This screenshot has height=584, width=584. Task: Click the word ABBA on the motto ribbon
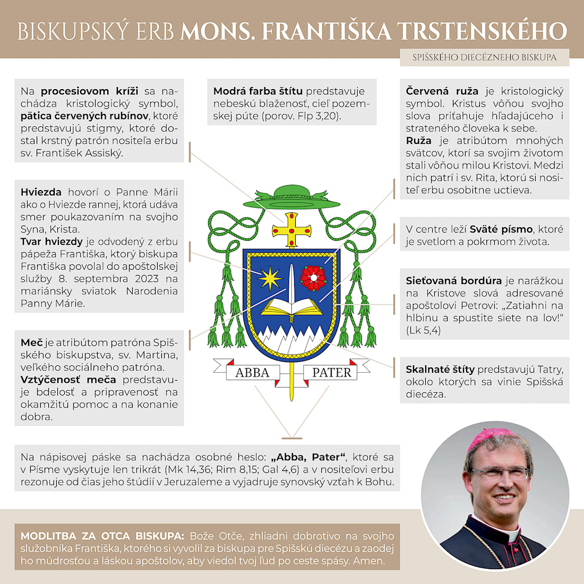coord(252,373)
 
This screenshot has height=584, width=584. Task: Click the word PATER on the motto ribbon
coord(331,373)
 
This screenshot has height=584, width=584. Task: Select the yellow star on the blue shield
coord(271,277)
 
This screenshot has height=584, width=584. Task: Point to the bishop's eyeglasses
coord(499,473)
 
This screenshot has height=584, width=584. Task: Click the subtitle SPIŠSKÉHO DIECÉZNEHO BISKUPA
coord(484,57)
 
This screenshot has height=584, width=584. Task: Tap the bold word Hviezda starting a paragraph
coord(41,192)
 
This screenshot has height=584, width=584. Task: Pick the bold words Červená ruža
coord(442,91)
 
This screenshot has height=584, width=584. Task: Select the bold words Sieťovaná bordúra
coord(453,281)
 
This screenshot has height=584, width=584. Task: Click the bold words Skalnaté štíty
coord(440,370)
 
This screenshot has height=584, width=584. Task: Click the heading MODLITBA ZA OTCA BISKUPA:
coord(102,536)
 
